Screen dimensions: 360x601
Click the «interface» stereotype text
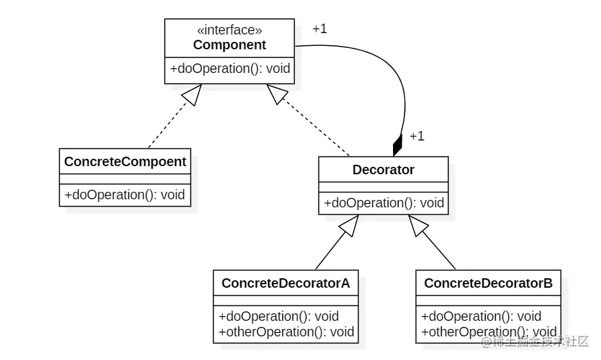(x=229, y=30)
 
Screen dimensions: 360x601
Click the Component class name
(x=230, y=45)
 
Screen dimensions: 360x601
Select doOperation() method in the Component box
(x=230, y=68)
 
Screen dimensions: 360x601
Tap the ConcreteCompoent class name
(x=125, y=161)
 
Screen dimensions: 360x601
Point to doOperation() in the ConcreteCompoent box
(x=125, y=195)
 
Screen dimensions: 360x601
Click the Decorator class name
(x=383, y=170)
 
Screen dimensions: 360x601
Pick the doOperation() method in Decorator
(x=384, y=203)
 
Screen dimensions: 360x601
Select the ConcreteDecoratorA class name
(x=286, y=283)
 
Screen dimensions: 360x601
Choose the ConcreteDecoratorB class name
(x=488, y=283)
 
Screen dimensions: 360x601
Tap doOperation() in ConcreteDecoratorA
(x=278, y=316)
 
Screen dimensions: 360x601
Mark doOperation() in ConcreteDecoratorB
(x=481, y=316)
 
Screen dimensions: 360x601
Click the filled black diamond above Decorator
(x=397, y=145)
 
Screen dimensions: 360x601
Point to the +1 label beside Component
(x=319, y=29)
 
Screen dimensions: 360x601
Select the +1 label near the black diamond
(x=417, y=136)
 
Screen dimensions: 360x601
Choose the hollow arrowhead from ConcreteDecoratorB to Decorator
(x=418, y=227)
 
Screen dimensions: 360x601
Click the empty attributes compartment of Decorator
(x=383, y=186)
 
